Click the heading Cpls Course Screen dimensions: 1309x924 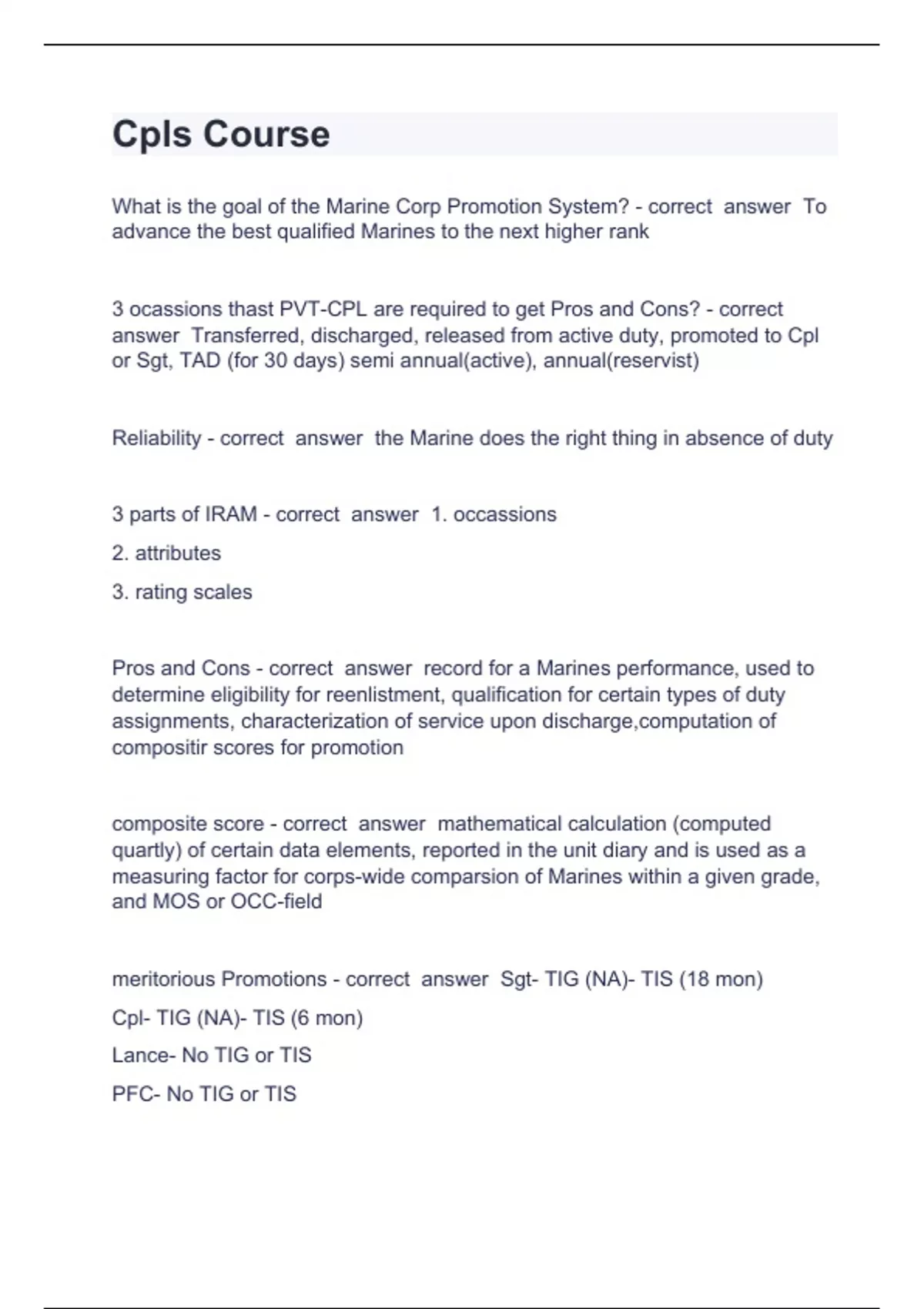coord(221,134)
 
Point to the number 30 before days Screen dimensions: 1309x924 coord(276,360)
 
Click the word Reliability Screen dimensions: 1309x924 coord(156,438)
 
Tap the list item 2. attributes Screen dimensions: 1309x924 coord(166,553)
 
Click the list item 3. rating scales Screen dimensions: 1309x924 coord(182,591)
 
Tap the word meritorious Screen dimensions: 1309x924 coord(163,979)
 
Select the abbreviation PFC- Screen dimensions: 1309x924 coord(136,1093)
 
